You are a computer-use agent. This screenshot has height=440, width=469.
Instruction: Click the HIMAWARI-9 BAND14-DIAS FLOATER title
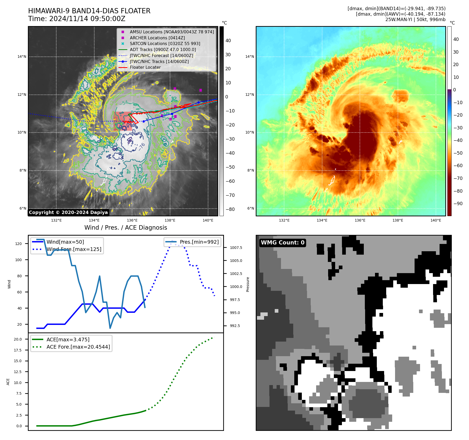(x=89, y=11)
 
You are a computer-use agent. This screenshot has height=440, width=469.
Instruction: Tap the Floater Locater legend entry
(x=145, y=67)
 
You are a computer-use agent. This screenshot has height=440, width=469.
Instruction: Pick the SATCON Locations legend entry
(x=165, y=43)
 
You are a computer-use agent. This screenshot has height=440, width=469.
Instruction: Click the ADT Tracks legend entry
(x=163, y=49)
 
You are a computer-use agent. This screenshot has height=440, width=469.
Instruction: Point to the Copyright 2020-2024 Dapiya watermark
(x=68, y=212)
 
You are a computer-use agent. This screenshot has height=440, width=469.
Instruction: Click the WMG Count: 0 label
(x=283, y=243)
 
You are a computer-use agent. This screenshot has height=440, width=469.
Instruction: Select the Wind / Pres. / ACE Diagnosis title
(x=126, y=228)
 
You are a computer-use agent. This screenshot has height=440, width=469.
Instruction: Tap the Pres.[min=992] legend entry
(x=199, y=242)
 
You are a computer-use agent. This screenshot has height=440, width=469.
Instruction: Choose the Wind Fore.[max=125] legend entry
(x=74, y=249)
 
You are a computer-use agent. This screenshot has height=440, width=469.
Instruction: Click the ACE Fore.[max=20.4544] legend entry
(x=78, y=347)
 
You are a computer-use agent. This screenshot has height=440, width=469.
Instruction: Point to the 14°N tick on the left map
(x=22, y=56)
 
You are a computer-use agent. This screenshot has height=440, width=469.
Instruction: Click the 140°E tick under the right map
(x=436, y=220)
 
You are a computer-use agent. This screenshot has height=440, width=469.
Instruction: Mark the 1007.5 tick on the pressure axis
(x=236, y=248)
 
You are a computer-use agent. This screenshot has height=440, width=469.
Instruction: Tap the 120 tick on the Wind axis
(x=18, y=244)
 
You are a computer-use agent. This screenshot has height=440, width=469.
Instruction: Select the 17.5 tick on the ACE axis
(x=18, y=350)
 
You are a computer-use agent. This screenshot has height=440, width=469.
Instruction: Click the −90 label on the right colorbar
(x=458, y=204)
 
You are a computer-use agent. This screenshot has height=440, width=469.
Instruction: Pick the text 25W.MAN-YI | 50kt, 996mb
(x=415, y=20)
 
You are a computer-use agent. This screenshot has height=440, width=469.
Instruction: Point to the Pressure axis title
(x=248, y=284)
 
